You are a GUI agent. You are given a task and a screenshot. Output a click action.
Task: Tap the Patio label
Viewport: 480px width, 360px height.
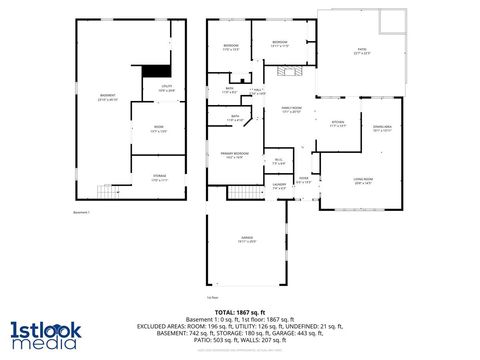(x=362, y=53)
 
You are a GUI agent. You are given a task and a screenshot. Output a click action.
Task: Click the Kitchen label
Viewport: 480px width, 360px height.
(x=337, y=125)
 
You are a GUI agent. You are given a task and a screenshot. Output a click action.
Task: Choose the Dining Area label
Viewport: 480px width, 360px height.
(x=382, y=128)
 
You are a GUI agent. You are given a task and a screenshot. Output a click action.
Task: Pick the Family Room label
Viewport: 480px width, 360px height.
(x=291, y=109)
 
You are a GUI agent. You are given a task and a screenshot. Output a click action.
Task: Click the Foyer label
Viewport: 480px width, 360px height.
(x=302, y=181)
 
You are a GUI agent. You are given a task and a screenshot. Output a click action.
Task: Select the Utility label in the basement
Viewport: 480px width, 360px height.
(x=166, y=88)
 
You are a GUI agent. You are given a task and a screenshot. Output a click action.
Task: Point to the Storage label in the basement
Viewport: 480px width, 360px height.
(x=159, y=179)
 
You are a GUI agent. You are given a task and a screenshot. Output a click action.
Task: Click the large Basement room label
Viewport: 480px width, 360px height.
(x=107, y=97)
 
